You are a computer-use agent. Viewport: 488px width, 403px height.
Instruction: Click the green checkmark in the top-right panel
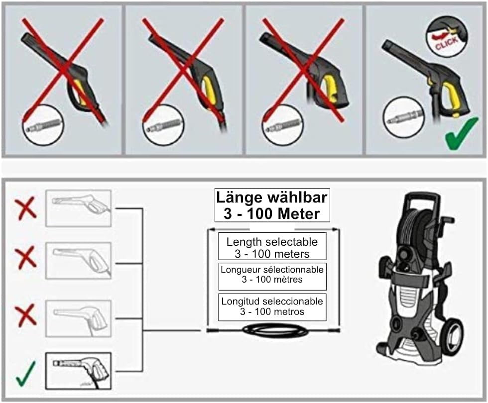click(x=461, y=133)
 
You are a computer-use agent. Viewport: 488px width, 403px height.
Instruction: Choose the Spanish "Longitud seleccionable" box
click(x=272, y=307)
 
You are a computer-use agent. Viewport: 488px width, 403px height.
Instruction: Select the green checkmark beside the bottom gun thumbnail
click(x=25, y=374)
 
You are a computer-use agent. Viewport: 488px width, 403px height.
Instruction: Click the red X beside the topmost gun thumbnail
click(x=25, y=208)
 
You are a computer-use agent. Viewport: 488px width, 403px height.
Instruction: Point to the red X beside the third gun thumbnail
click(x=25, y=316)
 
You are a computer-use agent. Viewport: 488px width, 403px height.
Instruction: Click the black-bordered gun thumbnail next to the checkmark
click(x=78, y=371)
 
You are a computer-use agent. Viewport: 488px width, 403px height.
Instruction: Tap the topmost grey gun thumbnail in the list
click(x=78, y=208)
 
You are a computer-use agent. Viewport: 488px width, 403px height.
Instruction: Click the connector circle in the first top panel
click(x=43, y=125)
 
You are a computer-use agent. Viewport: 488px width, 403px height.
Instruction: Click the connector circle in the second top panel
click(x=163, y=125)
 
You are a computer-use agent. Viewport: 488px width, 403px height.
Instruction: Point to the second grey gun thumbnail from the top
click(x=78, y=261)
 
